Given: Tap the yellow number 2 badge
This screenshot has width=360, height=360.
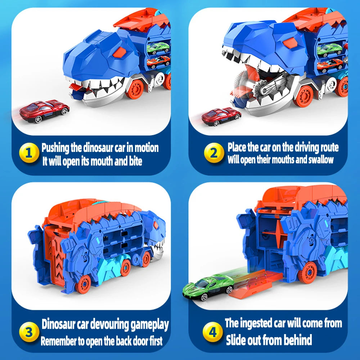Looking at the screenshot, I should (x=214, y=153).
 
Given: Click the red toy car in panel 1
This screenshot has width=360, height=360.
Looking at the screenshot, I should (x=44, y=111).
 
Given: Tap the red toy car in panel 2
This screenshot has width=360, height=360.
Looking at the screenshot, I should (x=221, y=117).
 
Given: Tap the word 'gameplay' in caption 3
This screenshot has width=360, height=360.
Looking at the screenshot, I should (x=149, y=324).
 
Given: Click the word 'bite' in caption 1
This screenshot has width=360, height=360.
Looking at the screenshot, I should (x=135, y=162).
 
